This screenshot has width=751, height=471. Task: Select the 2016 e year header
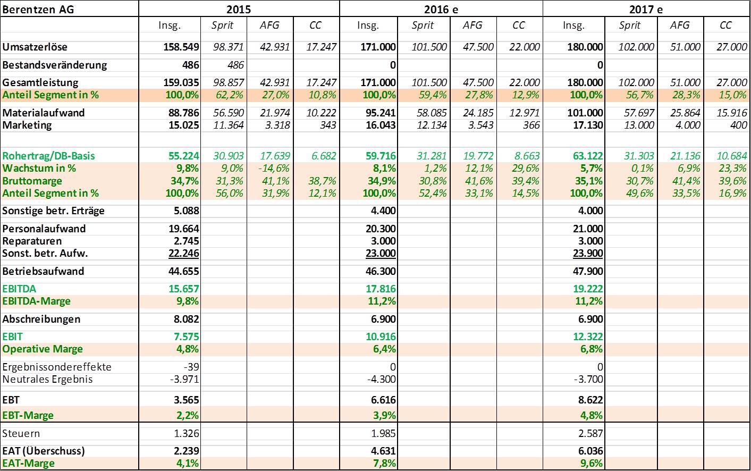(441, 10)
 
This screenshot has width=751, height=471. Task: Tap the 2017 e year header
(646, 10)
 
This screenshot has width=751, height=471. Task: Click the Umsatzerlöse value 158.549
(181, 47)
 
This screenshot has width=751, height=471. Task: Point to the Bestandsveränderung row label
(54, 65)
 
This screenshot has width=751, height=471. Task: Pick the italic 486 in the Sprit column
(235, 65)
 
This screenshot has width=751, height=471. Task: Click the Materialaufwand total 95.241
(381, 113)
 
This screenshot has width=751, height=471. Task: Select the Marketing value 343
(327, 125)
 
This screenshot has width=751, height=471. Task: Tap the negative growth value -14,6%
(274, 168)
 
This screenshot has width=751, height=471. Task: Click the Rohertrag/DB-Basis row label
(48, 156)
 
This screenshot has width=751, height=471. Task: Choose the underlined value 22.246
(183, 254)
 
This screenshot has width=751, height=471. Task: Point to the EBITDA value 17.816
(381, 289)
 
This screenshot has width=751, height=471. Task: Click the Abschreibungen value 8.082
(186, 319)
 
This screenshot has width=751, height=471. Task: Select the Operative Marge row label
(42, 349)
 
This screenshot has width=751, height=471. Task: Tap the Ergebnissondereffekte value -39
(191, 367)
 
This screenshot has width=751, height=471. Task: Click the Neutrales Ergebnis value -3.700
(588, 379)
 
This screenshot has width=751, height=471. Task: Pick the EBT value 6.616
(383, 400)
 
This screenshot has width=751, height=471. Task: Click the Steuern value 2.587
(590, 433)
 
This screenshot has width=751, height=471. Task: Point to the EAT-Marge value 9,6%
(592, 463)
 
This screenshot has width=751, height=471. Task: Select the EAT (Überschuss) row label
(43, 451)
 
